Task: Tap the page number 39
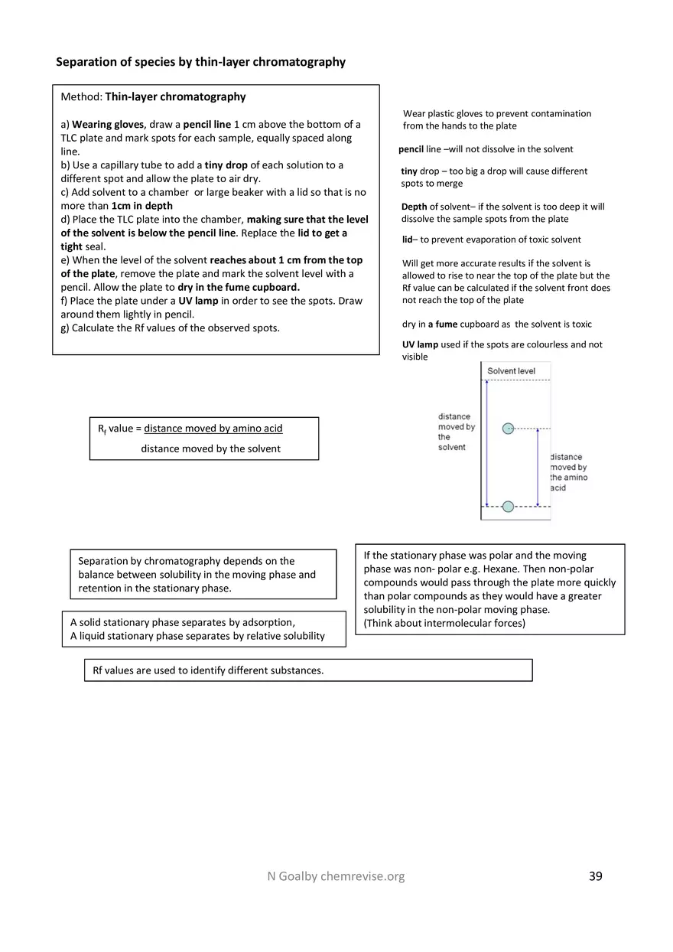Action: (x=596, y=876)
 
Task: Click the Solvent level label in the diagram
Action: (x=511, y=371)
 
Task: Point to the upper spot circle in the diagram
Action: (x=508, y=429)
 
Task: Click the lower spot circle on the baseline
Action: (x=508, y=506)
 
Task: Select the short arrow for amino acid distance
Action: (x=538, y=467)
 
